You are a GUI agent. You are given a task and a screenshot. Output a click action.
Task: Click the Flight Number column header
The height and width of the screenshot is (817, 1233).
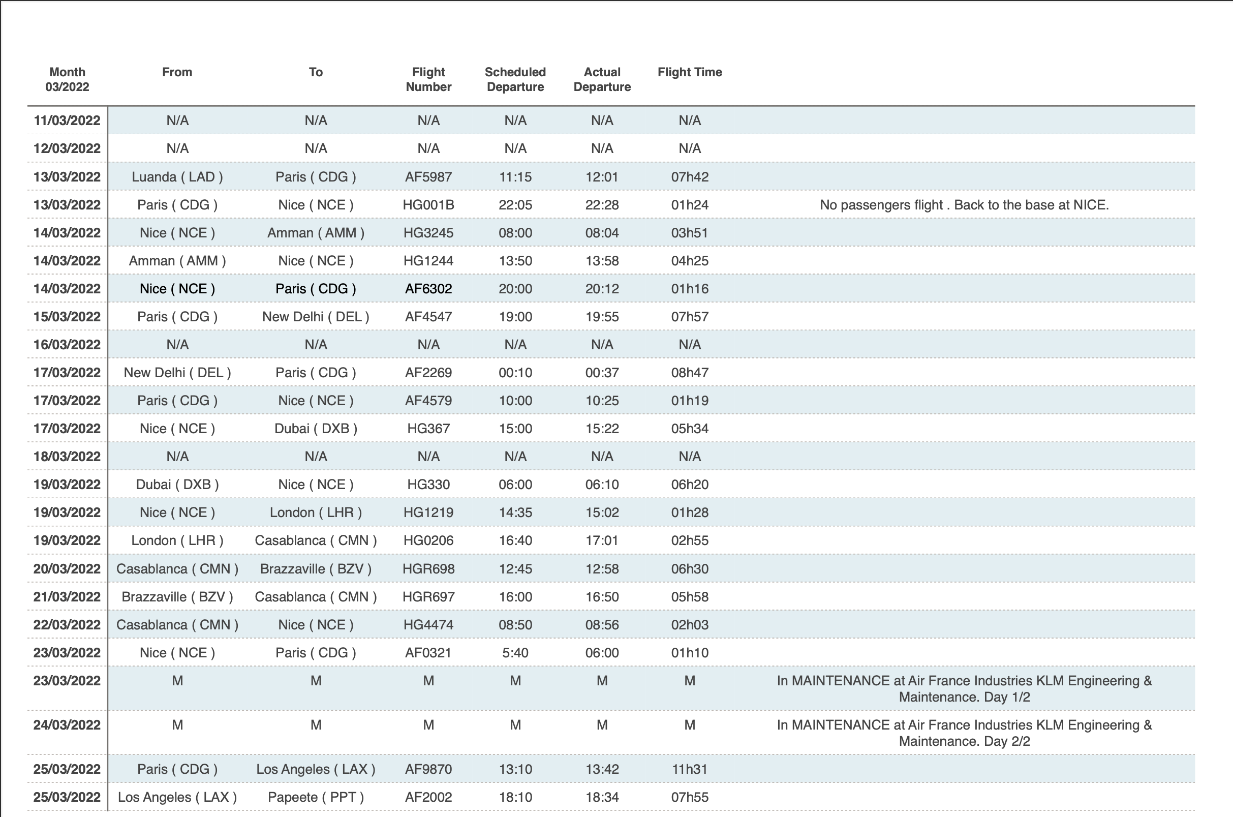(428, 79)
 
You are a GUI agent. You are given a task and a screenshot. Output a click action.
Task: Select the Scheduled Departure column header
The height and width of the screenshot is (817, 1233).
(515, 79)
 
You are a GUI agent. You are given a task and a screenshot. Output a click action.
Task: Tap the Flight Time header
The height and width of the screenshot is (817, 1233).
(690, 72)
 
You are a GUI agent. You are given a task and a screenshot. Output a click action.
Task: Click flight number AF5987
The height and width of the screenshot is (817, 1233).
(428, 176)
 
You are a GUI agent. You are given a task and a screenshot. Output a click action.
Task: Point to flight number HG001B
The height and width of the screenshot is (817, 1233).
(428, 205)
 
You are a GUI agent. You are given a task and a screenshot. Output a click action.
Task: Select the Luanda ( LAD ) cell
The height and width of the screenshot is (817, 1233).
(177, 176)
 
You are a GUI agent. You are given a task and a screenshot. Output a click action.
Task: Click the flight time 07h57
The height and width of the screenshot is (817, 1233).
(690, 317)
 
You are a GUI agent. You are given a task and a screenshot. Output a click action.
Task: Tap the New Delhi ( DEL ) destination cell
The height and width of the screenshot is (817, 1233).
(316, 317)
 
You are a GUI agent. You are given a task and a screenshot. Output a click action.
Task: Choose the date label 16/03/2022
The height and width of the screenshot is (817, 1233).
(67, 345)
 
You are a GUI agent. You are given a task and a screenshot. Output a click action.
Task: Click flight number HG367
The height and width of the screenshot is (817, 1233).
(428, 429)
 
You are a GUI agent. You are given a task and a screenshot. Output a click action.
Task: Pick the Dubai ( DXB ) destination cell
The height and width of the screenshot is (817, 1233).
(316, 429)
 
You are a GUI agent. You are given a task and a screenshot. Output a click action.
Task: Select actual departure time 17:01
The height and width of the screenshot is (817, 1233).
(602, 540)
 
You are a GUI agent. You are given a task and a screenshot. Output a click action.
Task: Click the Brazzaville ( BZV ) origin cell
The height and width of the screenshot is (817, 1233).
(177, 596)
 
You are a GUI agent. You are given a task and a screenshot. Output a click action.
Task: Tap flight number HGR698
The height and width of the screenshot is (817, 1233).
(428, 568)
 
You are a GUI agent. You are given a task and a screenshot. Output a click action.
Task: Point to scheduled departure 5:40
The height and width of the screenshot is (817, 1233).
(515, 653)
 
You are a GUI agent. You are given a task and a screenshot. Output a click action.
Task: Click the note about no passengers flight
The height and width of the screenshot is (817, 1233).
(964, 205)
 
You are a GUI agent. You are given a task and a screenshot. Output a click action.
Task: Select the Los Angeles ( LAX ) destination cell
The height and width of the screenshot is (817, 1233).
(316, 769)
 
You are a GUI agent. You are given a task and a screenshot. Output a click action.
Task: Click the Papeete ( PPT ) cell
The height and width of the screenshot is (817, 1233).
(316, 797)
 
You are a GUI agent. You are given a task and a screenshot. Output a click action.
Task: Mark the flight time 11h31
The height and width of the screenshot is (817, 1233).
(690, 769)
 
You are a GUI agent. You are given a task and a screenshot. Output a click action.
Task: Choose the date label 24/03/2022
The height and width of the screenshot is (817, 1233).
(67, 725)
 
